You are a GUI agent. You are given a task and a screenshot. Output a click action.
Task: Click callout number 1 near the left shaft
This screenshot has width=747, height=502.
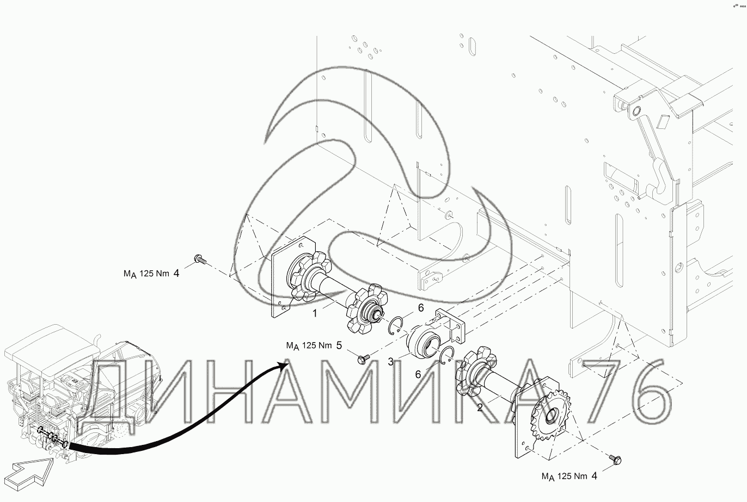point(315,313)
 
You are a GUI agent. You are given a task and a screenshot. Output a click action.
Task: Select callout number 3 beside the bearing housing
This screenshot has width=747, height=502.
point(391,362)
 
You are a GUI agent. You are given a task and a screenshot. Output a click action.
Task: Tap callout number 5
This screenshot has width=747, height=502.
point(339,345)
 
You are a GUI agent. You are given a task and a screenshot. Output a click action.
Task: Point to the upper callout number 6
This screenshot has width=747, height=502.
point(421,308)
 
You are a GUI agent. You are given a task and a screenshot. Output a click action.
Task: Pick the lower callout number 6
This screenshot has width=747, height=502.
point(418,374)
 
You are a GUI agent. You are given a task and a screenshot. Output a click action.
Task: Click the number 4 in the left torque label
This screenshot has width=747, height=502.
point(176,274)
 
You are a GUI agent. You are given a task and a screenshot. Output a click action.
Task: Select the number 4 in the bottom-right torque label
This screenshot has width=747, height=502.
point(594,476)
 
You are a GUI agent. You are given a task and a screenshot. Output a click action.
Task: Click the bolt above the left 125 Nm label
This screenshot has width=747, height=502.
point(200,259)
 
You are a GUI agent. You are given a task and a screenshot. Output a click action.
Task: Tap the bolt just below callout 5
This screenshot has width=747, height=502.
point(363,359)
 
